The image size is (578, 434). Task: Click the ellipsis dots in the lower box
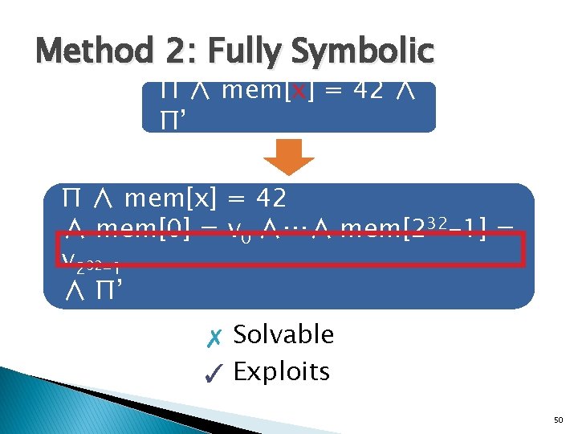click(296, 232)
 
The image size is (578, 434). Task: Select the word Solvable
click(283, 334)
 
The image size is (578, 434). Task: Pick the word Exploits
click(281, 372)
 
